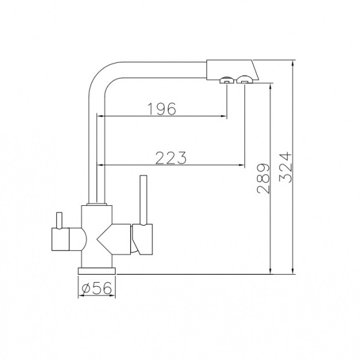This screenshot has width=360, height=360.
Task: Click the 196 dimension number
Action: click(x=161, y=109)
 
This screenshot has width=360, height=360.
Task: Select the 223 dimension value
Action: click(x=171, y=158)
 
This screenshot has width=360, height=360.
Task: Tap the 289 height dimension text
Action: click(x=263, y=178)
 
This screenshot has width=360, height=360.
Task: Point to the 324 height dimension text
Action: click(x=286, y=167)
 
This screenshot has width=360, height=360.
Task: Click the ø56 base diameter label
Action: click(x=97, y=288)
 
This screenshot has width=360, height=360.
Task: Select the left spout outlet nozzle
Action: click(x=227, y=80)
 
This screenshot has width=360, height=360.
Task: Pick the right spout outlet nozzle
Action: click(x=245, y=79)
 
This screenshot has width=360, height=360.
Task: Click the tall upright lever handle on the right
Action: click(x=143, y=200)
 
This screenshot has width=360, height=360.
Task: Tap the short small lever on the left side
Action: click(x=59, y=220)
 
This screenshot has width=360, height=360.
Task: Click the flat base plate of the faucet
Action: click(x=97, y=271)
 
